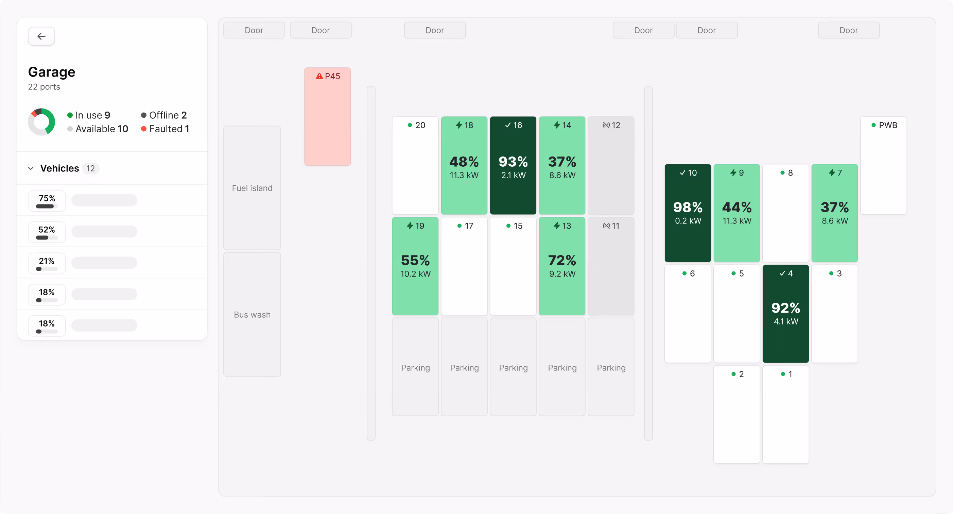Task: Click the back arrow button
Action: point(41,36)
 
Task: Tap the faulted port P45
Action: point(327,116)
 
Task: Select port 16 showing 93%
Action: point(513,165)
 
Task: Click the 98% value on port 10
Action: point(687,207)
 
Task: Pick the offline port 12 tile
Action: point(611,165)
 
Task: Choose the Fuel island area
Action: point(252,188)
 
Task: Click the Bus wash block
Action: point(252,314)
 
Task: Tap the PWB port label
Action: point(887,125)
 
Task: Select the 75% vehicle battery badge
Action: point(47,201)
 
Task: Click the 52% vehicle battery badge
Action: point(47,232)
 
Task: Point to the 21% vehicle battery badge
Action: point(47,263)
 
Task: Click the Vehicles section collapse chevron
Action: point(31,168)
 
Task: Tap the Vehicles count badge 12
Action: point(91,168)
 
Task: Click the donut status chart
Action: point(42,121)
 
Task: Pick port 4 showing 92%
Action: point(785,313)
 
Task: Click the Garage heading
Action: point(52,72)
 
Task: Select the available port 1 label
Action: point(790,374)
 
